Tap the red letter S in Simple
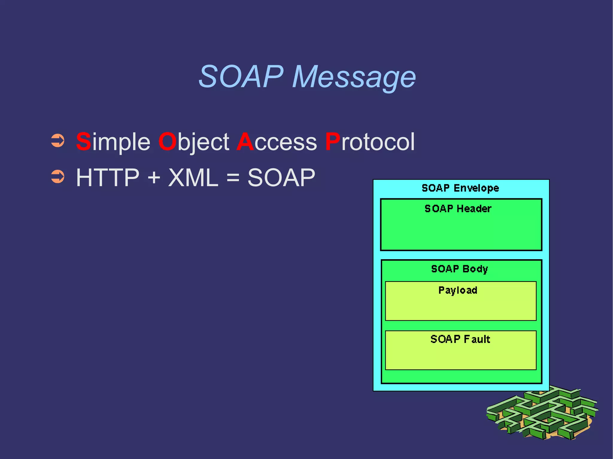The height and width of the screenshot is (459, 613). pyautogui.click(x=84, y=141)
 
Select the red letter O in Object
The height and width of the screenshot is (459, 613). pyautogui.click(x=168, y=141)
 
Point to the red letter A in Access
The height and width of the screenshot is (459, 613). pyautogui.click(x=245, y=141)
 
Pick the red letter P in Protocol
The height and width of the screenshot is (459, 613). pyautogui.click(x=333, y=141)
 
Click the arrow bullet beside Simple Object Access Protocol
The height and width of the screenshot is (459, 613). pyautogui.click(x=58, y=141)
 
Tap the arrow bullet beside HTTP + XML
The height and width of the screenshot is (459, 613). pyautogui.click(x=58, y=176)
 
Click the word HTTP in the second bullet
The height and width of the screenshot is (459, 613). pyautogui.click(x=108, y=178)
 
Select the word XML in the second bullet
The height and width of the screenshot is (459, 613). pyautogui.click(x=193, y=178)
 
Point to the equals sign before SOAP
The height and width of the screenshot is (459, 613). pyautogui.click(x=233, y=178)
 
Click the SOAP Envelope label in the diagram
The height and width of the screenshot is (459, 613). pyautogui.click(x=460, y=188)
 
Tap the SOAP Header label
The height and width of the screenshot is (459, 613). pyautogui.click(x=458, y=208)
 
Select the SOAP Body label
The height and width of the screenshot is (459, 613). pyautogui.click(x=459, y=269)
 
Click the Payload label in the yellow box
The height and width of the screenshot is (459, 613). pyautogui.click(x=458, y=290)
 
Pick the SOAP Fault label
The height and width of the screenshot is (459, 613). pyautogui.click(x=460, y=339)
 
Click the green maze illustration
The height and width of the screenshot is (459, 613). pyautogui.click(x=542, y=414)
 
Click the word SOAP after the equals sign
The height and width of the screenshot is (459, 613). pyautogui.click(x=281, y=178)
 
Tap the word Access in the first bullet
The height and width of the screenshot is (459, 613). pyautogui.click(x=277, y=141)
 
